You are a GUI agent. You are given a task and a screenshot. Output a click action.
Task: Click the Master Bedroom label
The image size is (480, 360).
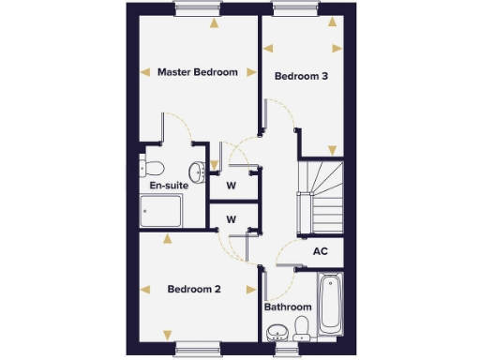tap(196, 72)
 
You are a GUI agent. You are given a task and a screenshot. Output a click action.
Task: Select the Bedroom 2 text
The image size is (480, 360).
tap(194, 290)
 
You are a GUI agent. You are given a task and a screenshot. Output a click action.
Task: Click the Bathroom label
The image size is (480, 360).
tap(287, 307)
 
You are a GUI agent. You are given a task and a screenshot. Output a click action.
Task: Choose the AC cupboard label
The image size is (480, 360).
tap(320, 251)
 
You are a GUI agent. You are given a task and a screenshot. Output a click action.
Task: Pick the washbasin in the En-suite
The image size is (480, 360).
tap(197, 171)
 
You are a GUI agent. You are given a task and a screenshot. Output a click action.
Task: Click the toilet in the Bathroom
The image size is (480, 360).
tap(301, 329)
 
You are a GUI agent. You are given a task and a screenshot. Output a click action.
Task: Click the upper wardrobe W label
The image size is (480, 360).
tap(230, 185)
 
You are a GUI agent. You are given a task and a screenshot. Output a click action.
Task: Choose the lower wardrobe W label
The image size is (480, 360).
tap(230, 220)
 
